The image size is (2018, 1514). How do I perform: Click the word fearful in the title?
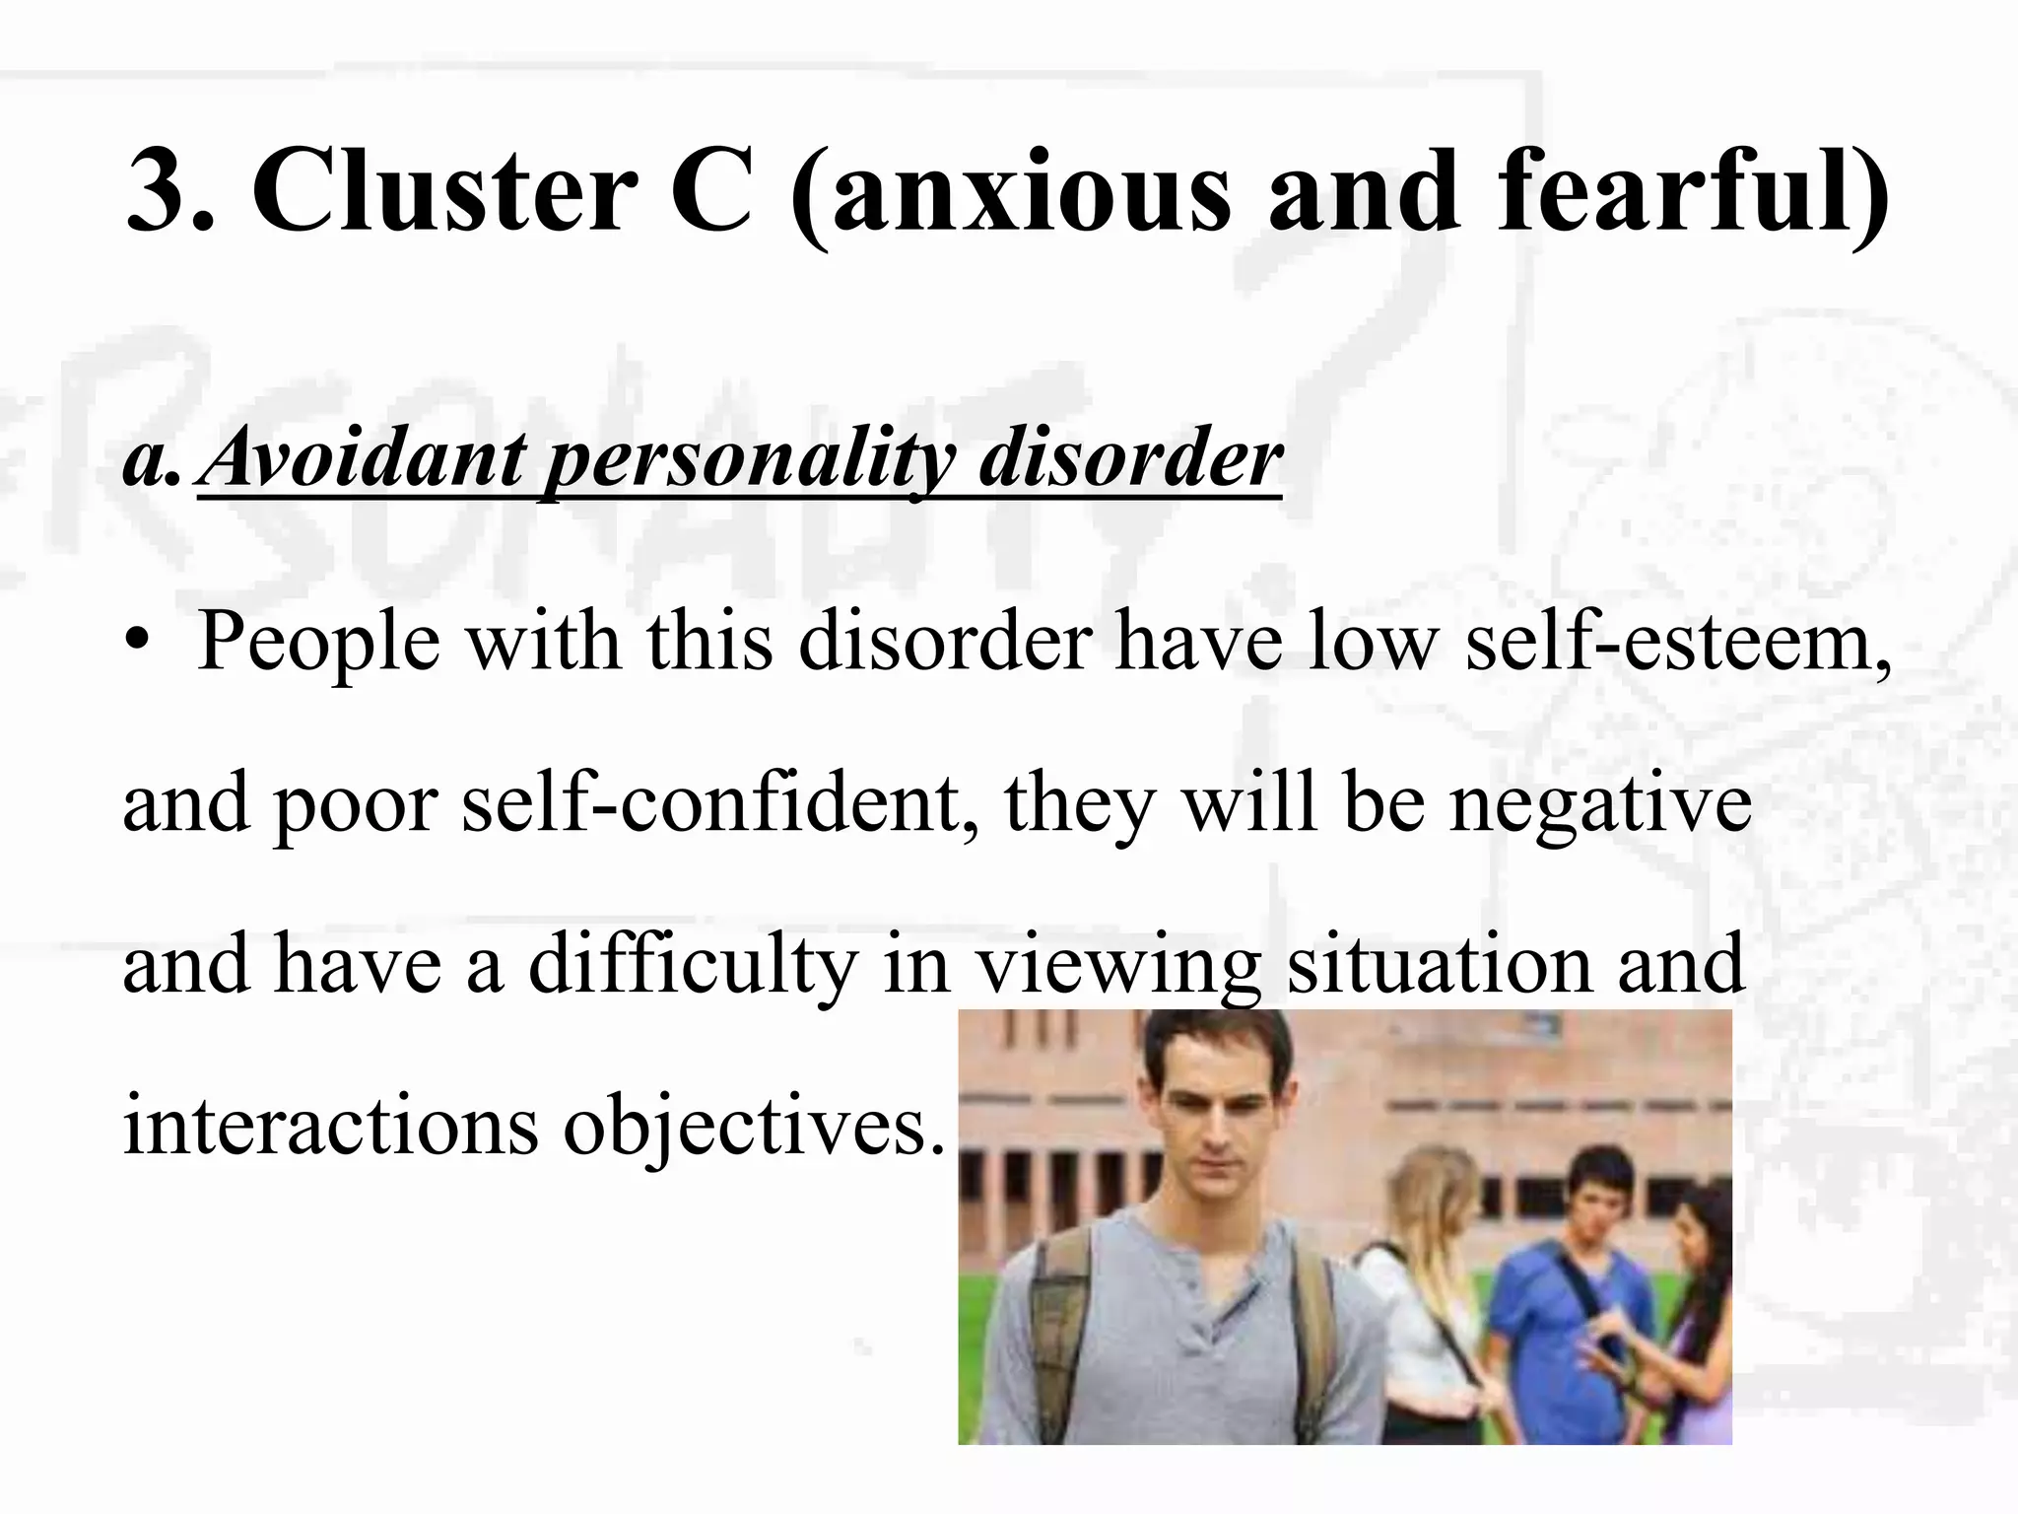pos(1675,189)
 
